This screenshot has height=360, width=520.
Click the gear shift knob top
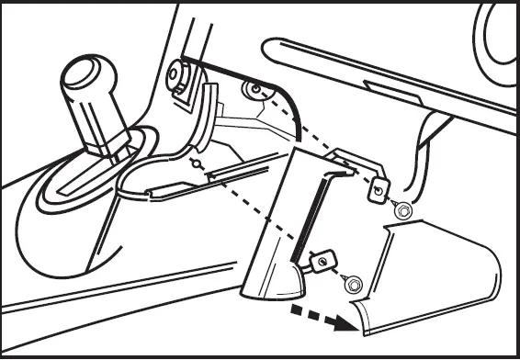point(86,73)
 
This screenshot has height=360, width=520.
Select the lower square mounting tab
point(320,262)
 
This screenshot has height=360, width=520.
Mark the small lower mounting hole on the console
point(194,163)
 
